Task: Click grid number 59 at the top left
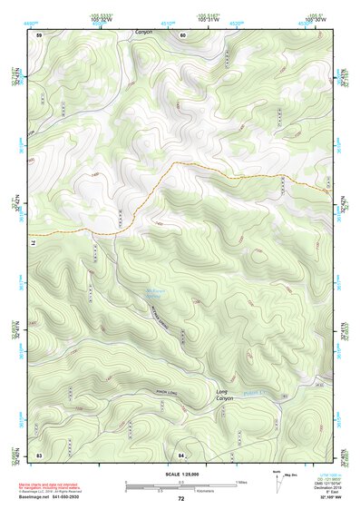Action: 39,34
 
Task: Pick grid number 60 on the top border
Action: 182,34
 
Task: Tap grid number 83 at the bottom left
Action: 39,454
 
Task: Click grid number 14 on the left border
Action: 30,243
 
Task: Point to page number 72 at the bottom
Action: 181,499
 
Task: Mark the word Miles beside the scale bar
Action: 242,481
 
